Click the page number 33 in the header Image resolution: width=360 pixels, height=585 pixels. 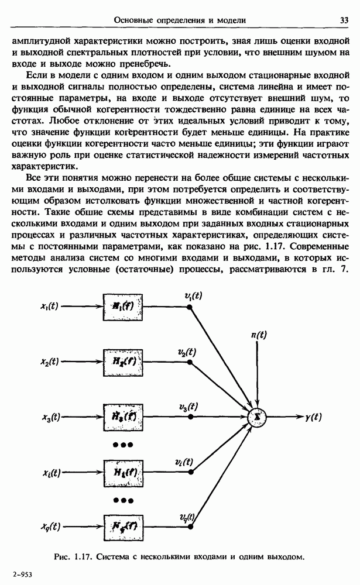[344, 20]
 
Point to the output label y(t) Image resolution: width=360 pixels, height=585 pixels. [314, 417]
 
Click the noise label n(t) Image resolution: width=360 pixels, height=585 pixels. [258, 336]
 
